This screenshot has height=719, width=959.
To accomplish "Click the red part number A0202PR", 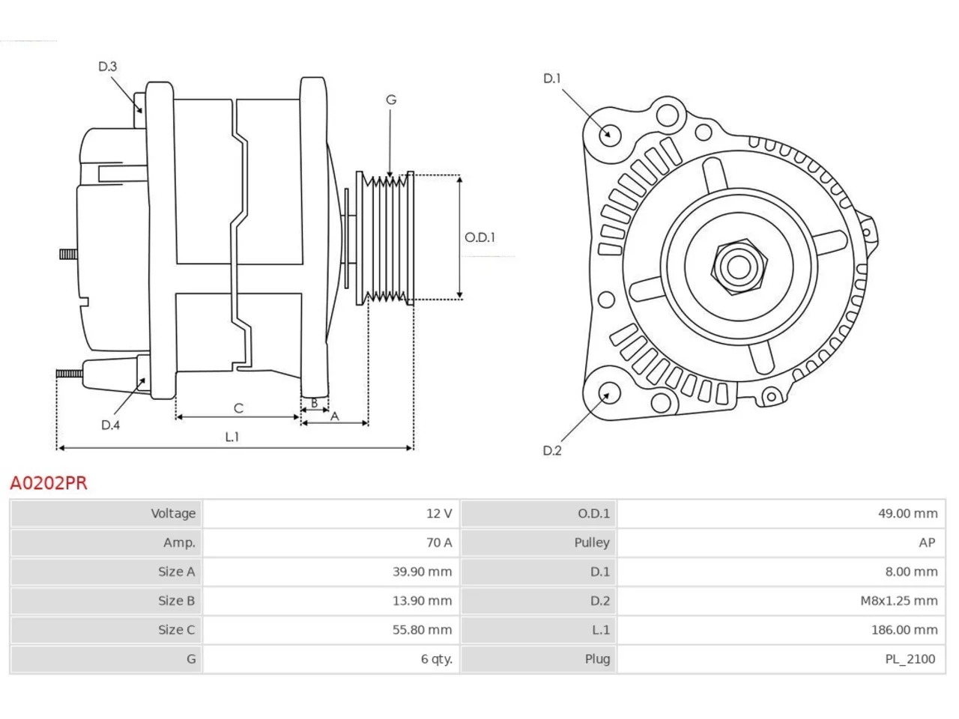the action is pyautogui.click(x=49, y=483).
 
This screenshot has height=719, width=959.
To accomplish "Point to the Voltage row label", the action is pyautogui.click(x=173, y=513).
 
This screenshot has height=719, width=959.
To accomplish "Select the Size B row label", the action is pyautogui.click(x=177, y=601).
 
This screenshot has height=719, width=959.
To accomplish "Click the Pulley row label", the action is pyautogui.click(x=592, y=543).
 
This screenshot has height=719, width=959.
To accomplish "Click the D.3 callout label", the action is pyautogui.click(x=107, y=67).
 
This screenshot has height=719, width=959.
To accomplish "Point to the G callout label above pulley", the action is pyautogui.click(x=391, y=100).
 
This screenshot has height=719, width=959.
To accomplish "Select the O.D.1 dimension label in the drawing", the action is pyautogui.click(x=479, y=237).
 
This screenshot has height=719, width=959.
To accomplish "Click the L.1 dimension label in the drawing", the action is pyautogui.click(x=232, y=437).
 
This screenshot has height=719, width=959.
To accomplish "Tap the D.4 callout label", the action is pyautogui.click(x=111, y=425).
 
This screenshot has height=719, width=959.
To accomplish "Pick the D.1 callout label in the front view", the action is pyautogui.click(x=551, y=79).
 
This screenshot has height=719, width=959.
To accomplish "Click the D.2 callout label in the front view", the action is pyautogui.click(x=552, y=451).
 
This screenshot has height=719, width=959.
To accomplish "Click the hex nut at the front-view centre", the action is pyautogui.click(x=739, y=267).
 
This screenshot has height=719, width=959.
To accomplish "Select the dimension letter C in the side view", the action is pyautogui.click(x=238, y=408).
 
